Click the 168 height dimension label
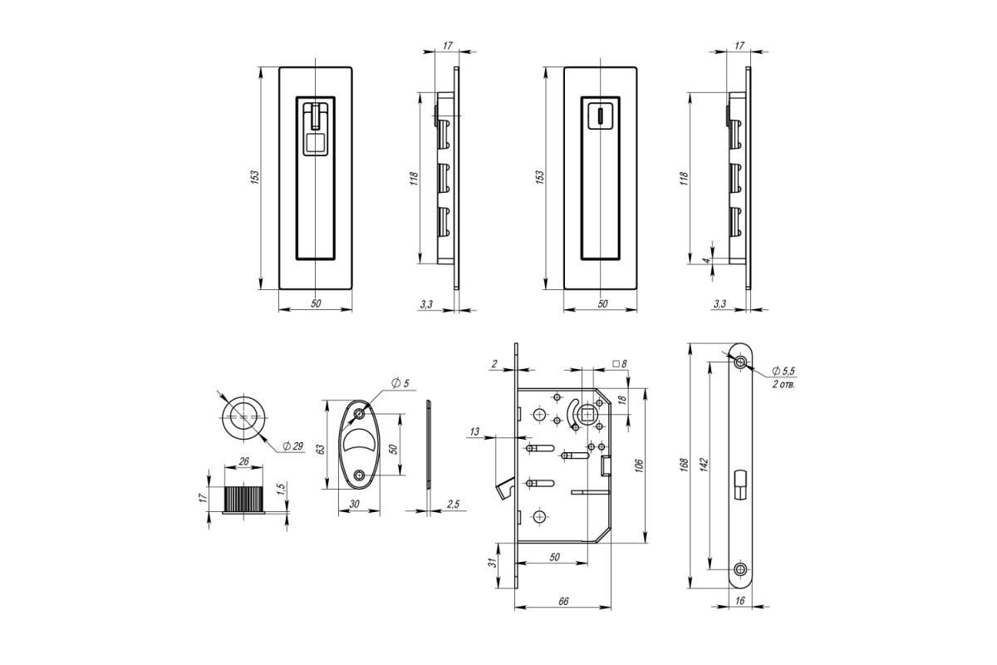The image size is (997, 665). point(684,464)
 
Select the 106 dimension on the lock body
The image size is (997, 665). point(640,465)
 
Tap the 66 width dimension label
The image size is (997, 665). point(563,601)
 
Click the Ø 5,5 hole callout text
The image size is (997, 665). point(783,371)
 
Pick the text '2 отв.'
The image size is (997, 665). point(783,384)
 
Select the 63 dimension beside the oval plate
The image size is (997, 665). point(320,449)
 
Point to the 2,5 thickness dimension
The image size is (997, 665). point(453,505)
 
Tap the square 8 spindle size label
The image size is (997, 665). point(620,364)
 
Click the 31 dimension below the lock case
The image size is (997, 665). point(492,563)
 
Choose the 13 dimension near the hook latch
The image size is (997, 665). point(474,431)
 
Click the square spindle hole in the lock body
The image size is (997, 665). point(587,415)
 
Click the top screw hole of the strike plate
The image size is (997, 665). point(740,362)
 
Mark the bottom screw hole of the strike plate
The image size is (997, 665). point(740,569)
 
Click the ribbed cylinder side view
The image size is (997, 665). point(243,500)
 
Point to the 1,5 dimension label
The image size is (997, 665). point(281,489)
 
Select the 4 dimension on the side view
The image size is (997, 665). point(706,260)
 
